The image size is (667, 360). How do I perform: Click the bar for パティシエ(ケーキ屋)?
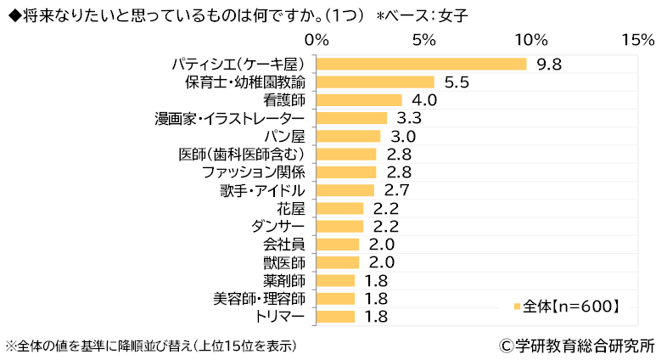[421, 64]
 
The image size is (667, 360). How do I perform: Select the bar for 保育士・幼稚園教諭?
[375, 82]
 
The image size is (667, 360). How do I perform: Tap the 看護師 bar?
[359, 100]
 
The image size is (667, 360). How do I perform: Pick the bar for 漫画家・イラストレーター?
[351, 118]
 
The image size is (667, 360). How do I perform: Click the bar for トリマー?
[335, 317]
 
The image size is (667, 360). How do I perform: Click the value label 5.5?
[457, 82]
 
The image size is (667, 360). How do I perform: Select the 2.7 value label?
[397, 190]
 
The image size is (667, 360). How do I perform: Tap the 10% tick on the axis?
[531, 40]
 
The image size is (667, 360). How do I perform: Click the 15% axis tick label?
[637, 40]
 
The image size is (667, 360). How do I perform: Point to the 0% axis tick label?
[317, 40]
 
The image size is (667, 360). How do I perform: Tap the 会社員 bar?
[338, 245]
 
